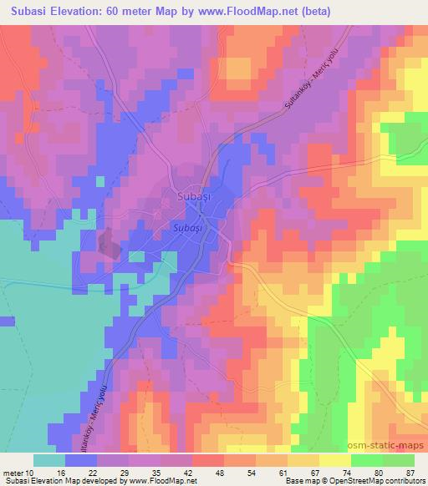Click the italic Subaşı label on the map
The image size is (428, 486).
point(187,225)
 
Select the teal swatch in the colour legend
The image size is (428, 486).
point(49,460)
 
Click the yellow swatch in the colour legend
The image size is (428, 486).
point(334,460)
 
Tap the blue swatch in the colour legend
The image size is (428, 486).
point(82,460)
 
